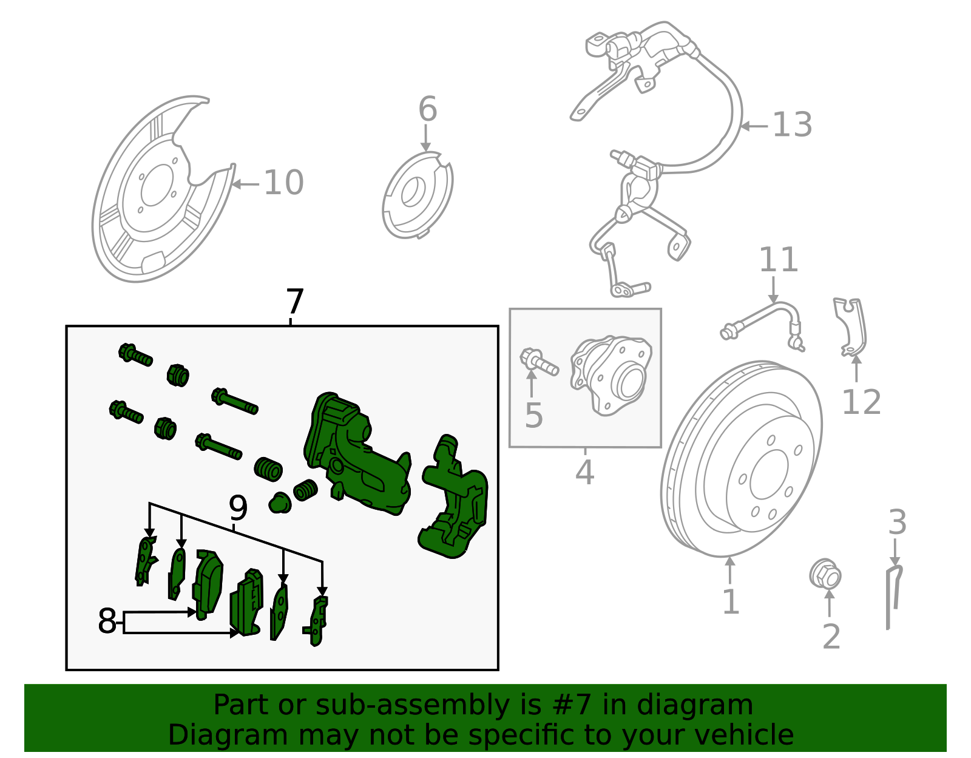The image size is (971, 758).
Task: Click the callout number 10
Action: pos(283,183)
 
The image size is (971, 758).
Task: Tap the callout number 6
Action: pos(427,110)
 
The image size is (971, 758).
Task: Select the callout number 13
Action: pos(791,125)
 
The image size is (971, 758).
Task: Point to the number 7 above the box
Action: pos(294,302)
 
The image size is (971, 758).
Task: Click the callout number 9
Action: pos(238,508)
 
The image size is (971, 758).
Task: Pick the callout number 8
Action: pos(107,621)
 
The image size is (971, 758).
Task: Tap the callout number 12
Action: pos(861,402)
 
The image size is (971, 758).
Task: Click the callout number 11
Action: pos(779,260)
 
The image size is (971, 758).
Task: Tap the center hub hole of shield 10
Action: pos(157,186)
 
